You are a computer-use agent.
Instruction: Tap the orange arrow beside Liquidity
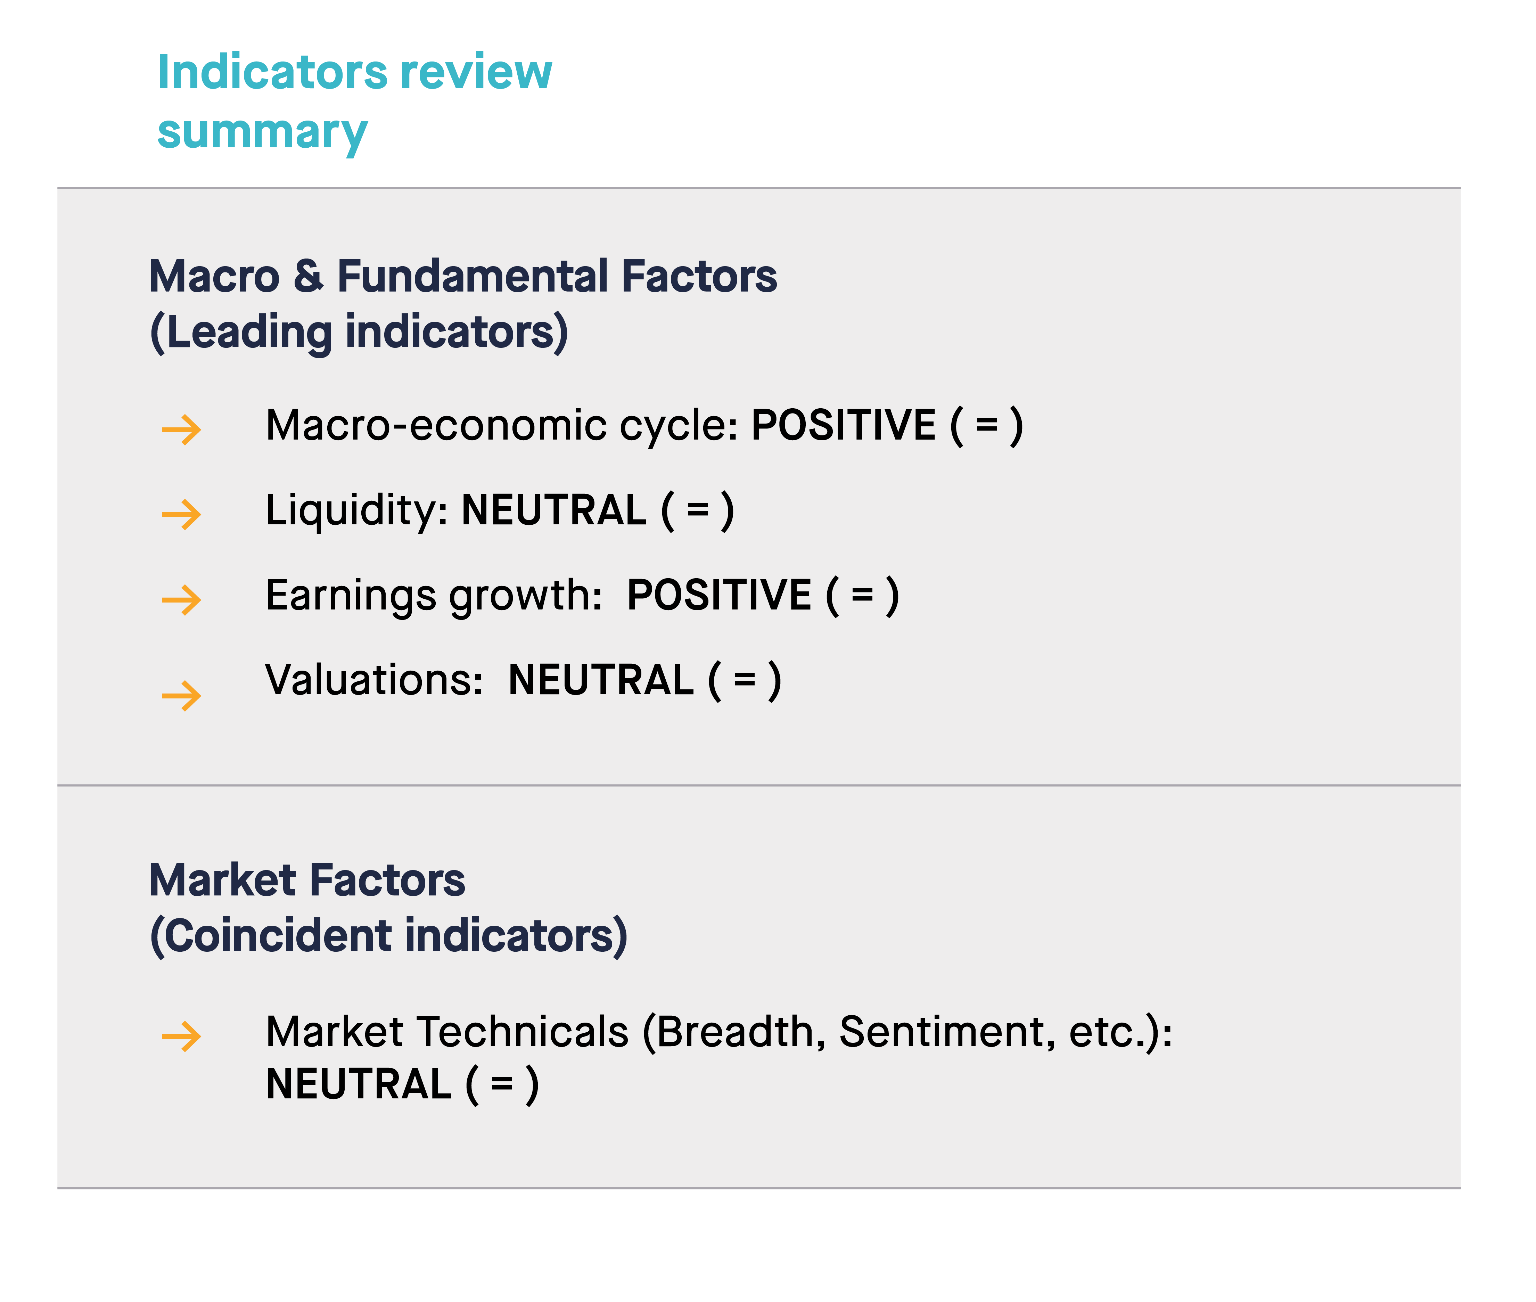click(x=181, y=515)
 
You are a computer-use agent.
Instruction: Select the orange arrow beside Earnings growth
click(x=181, y=599)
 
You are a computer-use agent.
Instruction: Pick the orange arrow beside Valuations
click(x=181, y=695)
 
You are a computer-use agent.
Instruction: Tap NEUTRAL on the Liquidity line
click(x=553, y=510)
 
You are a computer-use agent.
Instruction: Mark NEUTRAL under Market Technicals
click(x=359, y=1084)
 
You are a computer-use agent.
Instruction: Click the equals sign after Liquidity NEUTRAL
click(x=698, y=511)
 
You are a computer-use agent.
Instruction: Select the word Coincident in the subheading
click(x=278, y=936)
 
